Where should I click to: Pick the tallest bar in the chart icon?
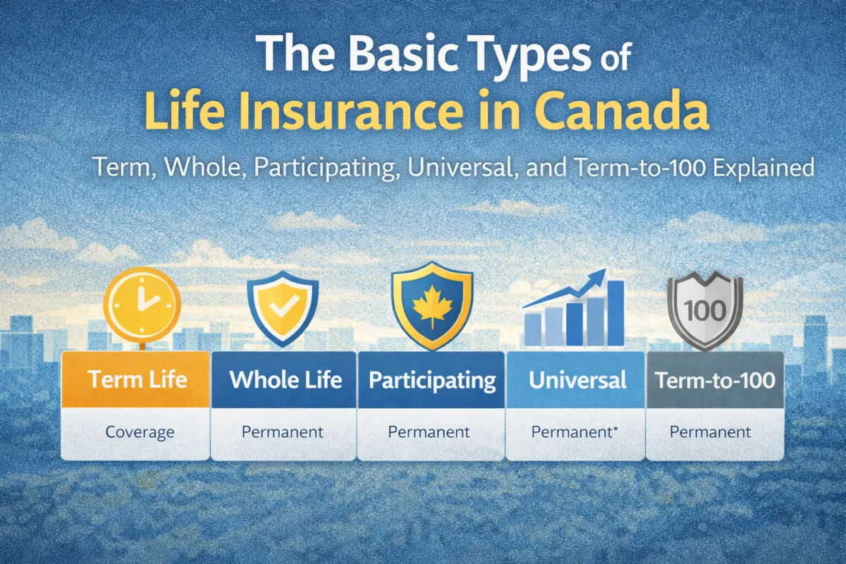pyautogui.click(x=615, y=313)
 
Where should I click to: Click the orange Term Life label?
pyautogui.click(x=137, y=380)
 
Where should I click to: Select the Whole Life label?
pyautogui.click(x=286, y=380)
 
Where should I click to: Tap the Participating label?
pyautogui.click(x=432, y=380)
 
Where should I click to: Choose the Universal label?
pyautogui.click(x=577, y=381)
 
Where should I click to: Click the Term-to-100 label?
pyautogui.click(x=715, y=381)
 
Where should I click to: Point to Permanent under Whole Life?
pyautogui.click(x=283, y=431)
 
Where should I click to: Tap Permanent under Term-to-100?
pyautogui.click(x=711, y=431)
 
